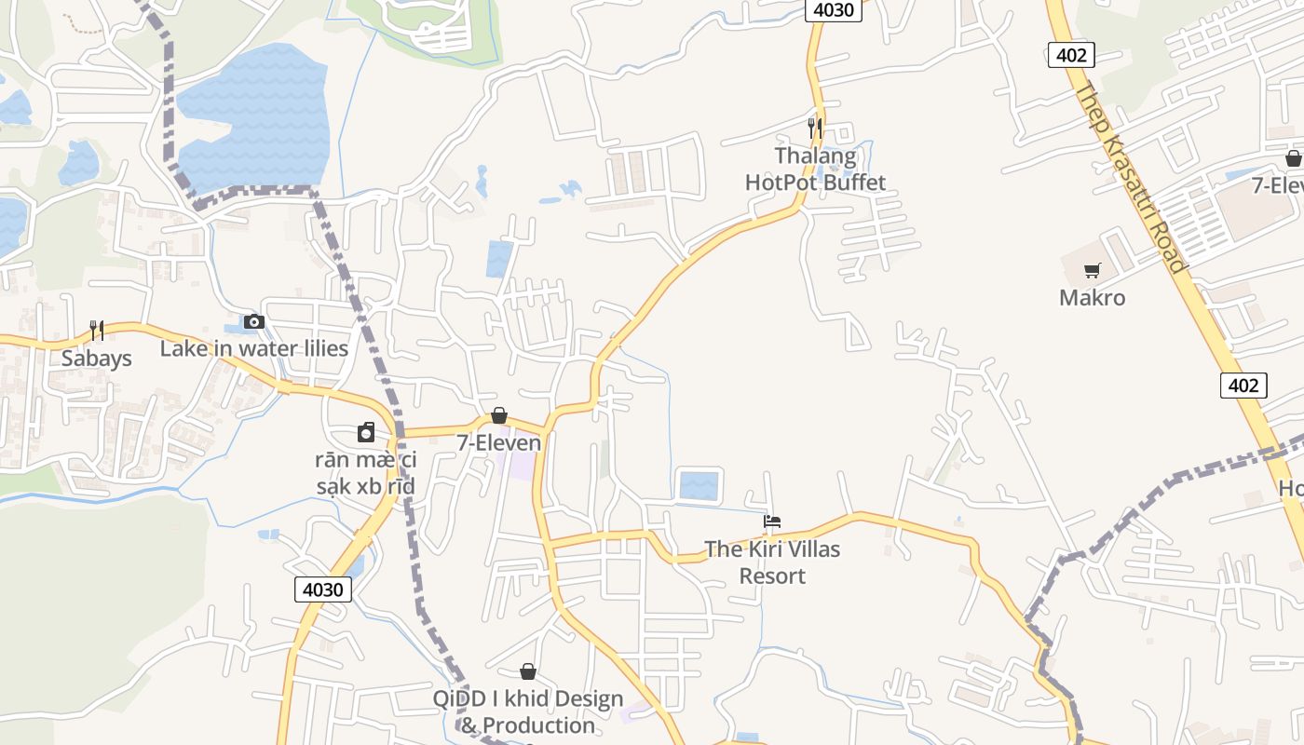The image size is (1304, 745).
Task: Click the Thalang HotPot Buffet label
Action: pyautogui.click(x=815, y=169)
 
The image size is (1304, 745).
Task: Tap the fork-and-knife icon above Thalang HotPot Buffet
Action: pyautogui.click(x=815, y=127)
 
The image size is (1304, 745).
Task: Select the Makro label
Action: pyautogui.click(x=1092, y=298)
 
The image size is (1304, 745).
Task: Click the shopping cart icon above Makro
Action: pyautogui.click(x=1092, y=271)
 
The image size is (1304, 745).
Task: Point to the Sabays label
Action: pyautogui.click(x=97, y=359)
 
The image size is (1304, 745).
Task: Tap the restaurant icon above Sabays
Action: pyautogui.click(x=97, y=330)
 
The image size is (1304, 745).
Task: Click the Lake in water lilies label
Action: pyautogui.click(x=254, y=349)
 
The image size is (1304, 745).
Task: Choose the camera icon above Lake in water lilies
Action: pyautogui.click(x=253, y=322)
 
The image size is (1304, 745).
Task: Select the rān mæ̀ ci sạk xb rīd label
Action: pyautogui.click(x=366, y=473)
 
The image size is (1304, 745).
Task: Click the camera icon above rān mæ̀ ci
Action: pyautogui.click(x=366, y=432)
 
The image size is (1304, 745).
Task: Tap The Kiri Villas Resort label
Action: pyautogui.click(x=772, y=562)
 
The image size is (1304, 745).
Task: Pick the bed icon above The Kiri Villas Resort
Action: pyautogui.click(x=772, y=521)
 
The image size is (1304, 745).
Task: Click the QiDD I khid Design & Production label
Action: pyautogui.click(x=528, y=711)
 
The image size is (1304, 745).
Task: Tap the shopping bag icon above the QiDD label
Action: pyautogui.click(x=528, y=671)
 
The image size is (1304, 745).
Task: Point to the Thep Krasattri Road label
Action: pyautogui.click(x=1131, y=177)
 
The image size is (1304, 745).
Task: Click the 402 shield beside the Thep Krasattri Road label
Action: pyautogui.click(x=1071, y=55)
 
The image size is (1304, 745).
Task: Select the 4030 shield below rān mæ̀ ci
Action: pyautogui.click(x=323, y=589)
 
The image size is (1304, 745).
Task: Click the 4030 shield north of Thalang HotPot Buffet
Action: pyautogui.click(x=833, y=10)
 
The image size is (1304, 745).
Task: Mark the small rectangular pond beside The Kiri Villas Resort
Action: pyautogui.click(x=700, y=485)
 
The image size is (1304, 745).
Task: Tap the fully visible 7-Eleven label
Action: pyautogui.click(x=498, y=443)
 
